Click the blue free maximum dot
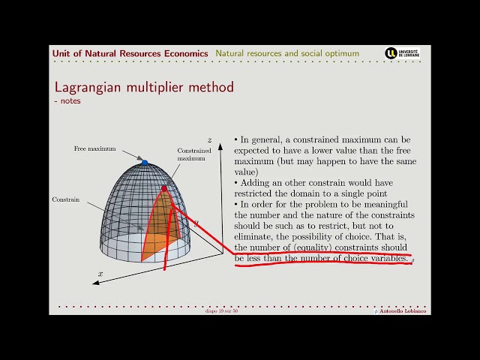click(145, 162)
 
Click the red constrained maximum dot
click(164, 188)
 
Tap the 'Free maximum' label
click(94, 149)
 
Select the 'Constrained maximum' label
click(190, 154)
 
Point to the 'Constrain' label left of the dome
click(65, 199)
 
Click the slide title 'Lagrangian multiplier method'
click(144, 87)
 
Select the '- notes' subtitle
click(67, 100)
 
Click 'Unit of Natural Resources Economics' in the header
click(130, 53)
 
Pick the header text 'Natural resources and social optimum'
click(287, 53)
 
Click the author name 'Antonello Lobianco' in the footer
click(403, 311)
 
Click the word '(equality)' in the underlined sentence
click(314, 247)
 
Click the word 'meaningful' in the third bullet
click(382, 205)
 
